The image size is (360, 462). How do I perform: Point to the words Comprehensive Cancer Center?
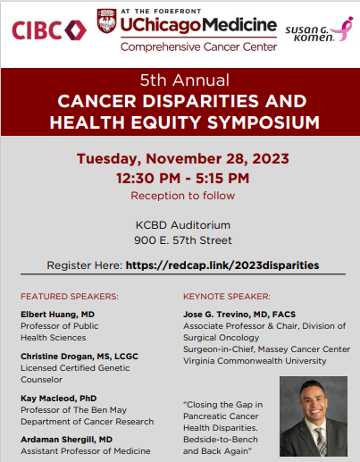coord(185,46)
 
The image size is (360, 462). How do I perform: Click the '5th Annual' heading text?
coord(180,79)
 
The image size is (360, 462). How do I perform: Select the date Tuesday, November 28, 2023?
coord(180,158)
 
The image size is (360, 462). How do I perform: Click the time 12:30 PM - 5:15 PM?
coord(180,178)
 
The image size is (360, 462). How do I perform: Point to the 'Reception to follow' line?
coord(180,196)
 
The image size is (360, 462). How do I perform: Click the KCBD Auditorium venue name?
coord(180,224)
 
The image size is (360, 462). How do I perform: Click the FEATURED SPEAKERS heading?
coord(70,296)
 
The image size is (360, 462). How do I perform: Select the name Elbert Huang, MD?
coord(59,315)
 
